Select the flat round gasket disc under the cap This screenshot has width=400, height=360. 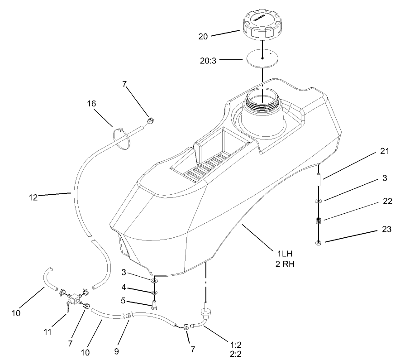pos(263,58)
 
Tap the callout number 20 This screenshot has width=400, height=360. pos(204,36)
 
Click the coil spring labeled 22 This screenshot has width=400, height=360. pos(319,221)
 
